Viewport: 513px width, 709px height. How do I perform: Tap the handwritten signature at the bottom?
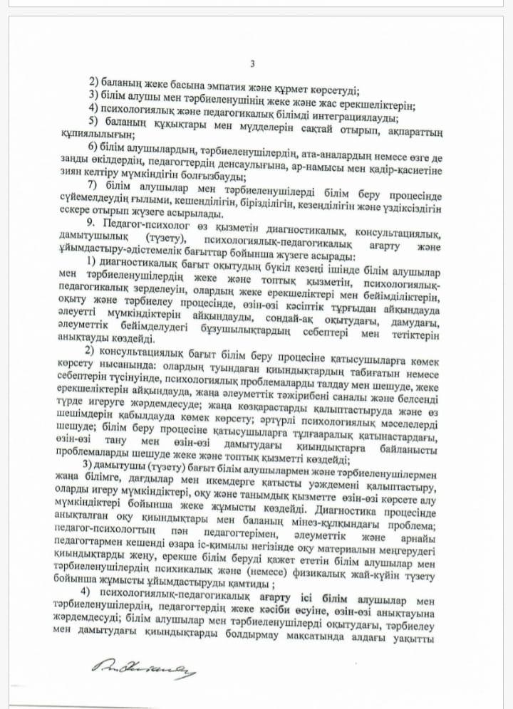pos(147,667)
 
